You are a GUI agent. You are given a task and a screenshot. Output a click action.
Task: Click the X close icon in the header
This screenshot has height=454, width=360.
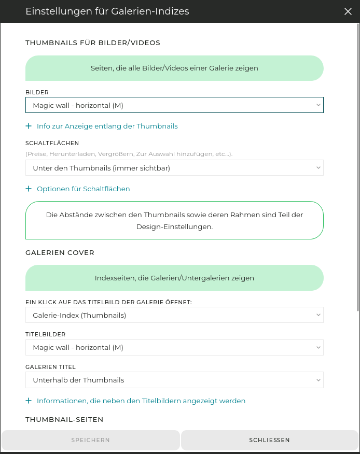(348, 11)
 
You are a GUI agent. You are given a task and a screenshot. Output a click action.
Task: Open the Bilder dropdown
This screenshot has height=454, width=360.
(174, 105)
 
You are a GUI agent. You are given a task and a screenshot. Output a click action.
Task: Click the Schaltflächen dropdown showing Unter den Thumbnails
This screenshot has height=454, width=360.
(174, 168)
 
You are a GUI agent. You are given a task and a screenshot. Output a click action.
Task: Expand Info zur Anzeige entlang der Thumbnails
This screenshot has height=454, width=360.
(107, 126)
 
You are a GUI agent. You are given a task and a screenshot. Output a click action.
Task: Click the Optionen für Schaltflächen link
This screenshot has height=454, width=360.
(83, 189)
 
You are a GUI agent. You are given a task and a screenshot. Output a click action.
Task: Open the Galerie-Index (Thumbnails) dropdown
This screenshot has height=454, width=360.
(174, 315)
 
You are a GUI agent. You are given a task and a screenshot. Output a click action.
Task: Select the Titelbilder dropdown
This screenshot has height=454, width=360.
(174, 347)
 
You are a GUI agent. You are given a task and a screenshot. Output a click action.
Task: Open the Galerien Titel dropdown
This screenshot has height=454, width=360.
(174, 380)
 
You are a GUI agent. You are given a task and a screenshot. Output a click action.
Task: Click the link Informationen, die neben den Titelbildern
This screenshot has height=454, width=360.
(141, 401)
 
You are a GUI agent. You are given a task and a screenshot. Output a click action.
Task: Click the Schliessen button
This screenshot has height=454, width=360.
(269, 440)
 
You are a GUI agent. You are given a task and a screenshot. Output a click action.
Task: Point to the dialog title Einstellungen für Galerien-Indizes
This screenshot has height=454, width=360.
(107, 11)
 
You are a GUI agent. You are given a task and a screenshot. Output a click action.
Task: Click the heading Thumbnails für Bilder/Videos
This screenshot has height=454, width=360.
(93, 42)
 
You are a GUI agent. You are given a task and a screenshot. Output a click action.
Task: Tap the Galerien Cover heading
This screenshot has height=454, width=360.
(60, 252)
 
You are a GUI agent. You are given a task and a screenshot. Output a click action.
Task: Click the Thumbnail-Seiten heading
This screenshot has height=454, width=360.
(64, 419)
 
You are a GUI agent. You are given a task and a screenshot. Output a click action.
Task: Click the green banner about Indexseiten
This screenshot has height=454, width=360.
(174, 278)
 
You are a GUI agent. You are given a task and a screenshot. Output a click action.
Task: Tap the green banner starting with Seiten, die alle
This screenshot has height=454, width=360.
(174, 68)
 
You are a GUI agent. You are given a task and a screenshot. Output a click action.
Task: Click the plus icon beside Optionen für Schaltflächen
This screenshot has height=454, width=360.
(29, 189)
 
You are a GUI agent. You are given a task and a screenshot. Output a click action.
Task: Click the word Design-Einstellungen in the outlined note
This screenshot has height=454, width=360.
(174, 226)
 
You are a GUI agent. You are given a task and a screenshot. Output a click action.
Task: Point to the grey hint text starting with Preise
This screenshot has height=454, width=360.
(129, 154)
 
